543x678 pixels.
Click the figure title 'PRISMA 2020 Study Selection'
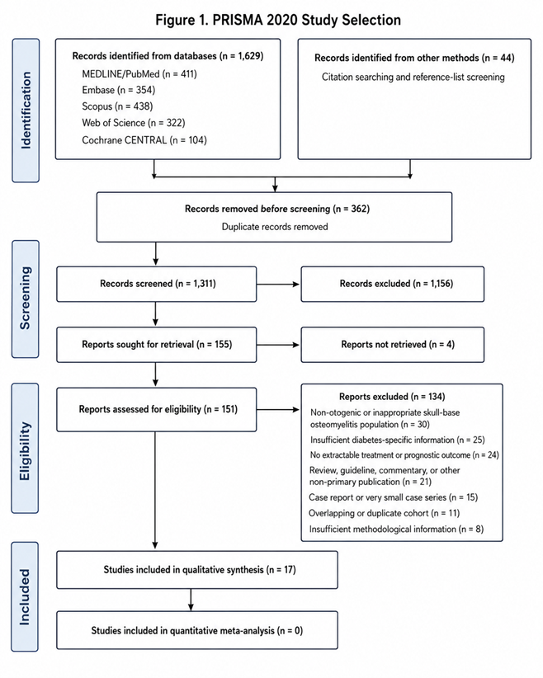click(306, 20)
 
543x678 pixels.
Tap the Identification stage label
click(26, 111)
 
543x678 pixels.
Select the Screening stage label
click(25, 299)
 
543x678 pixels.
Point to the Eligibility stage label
click(25, 448)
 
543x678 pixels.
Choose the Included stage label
click(25, 596)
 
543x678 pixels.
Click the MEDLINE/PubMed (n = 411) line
click(139, 74)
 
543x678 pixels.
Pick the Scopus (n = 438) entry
click(117, 106)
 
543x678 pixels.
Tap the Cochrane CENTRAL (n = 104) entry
click(144, 140)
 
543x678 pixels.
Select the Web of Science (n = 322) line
click(133, 123)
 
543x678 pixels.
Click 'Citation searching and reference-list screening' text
click(413, 77)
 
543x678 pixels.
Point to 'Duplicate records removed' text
click(275, 227)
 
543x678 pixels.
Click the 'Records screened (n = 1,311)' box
click(156, 284)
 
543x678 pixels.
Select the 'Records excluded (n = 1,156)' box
click(393, 284)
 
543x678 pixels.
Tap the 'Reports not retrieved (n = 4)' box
click(393, 345)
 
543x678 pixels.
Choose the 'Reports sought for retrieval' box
click(156, 345)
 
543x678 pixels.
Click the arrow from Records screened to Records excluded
click(278, 284)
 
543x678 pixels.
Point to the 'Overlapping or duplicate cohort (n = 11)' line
click(385, 513)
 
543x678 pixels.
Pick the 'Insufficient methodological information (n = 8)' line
click(396, 529)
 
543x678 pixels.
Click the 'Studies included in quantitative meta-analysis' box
click(197, 630)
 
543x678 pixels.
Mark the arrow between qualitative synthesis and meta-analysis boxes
click(191, 600)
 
